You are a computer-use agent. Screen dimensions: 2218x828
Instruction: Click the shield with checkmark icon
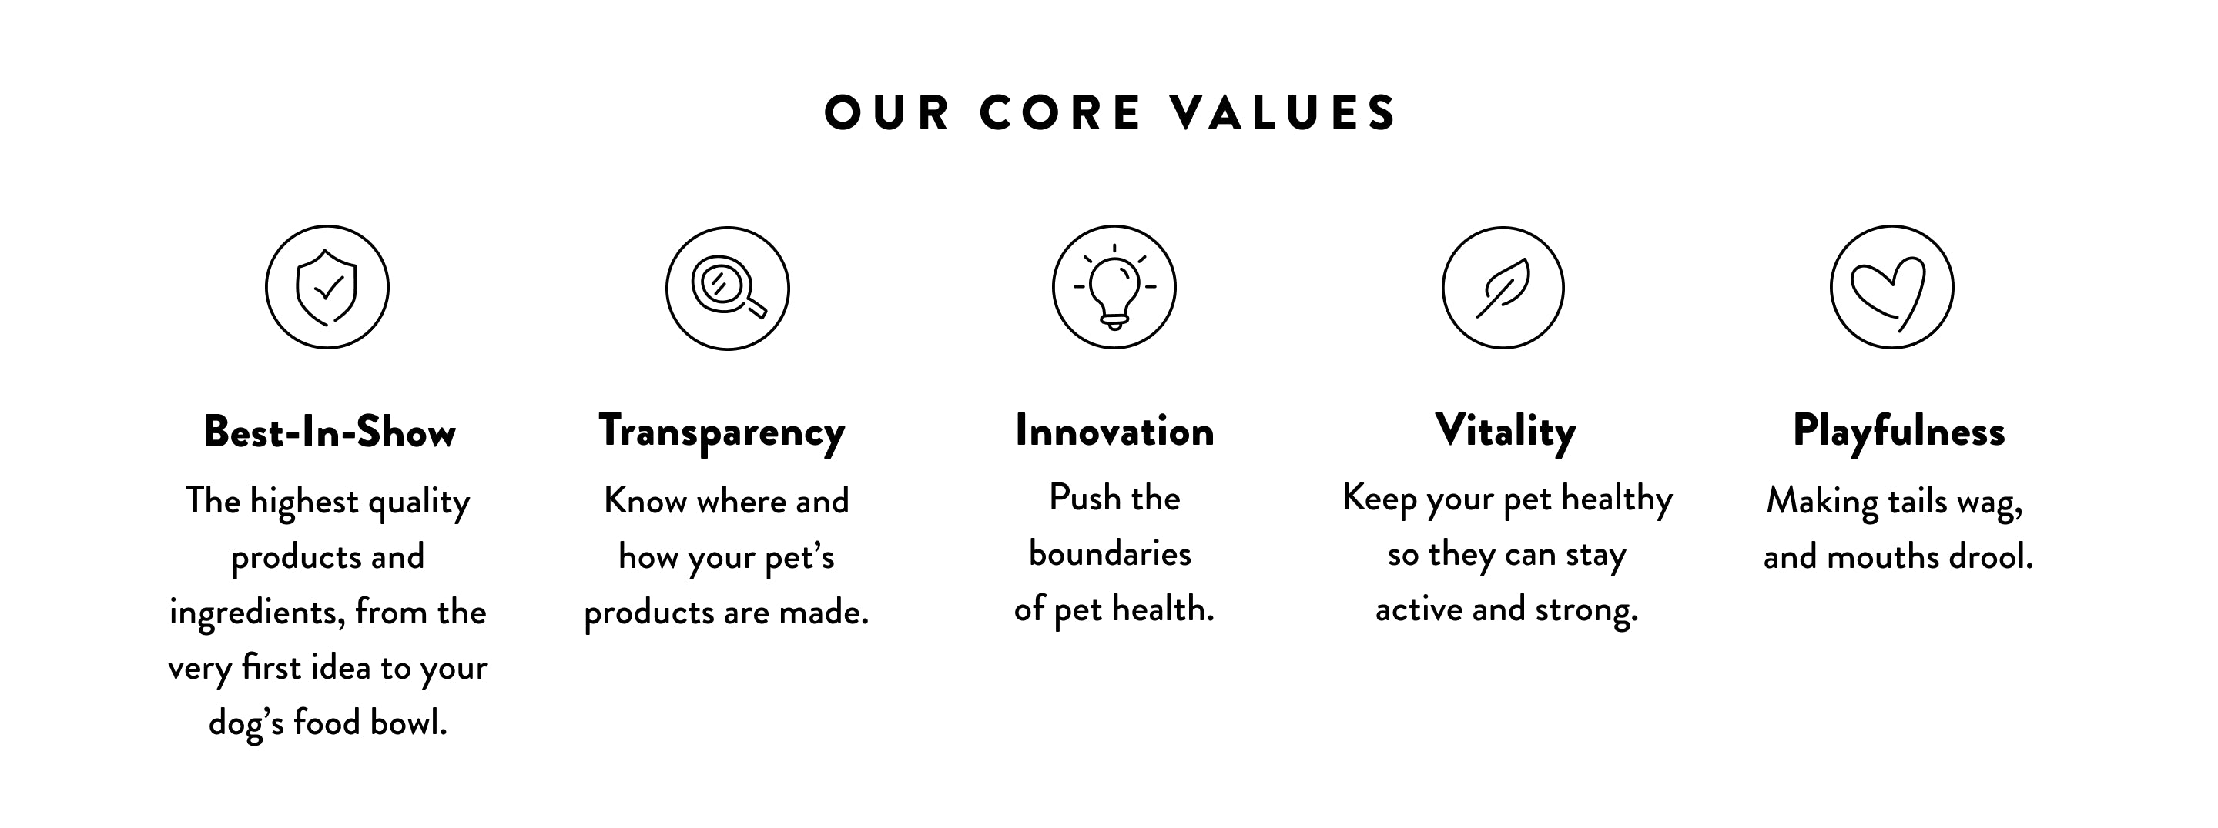point(327,288)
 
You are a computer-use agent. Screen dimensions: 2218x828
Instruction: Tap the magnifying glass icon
point(728,289)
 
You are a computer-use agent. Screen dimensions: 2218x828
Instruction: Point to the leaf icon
point(1503,288)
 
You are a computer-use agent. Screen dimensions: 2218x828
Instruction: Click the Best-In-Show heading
point(329,431)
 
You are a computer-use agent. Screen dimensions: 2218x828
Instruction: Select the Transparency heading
point(722,432)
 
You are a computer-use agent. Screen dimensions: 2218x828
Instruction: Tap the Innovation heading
point(1114,430)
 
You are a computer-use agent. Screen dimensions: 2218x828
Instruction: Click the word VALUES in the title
point(1283,113)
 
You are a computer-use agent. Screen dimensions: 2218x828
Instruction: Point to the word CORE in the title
point(1060,113)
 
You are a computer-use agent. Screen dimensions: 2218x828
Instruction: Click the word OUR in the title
point(887,113)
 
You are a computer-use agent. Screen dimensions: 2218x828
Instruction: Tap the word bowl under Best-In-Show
point(408,722)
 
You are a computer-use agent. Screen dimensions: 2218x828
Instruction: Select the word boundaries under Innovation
point(1110,553)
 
